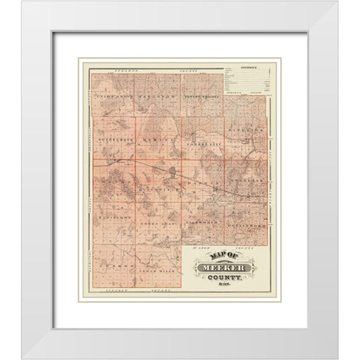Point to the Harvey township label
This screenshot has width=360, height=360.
160,141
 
